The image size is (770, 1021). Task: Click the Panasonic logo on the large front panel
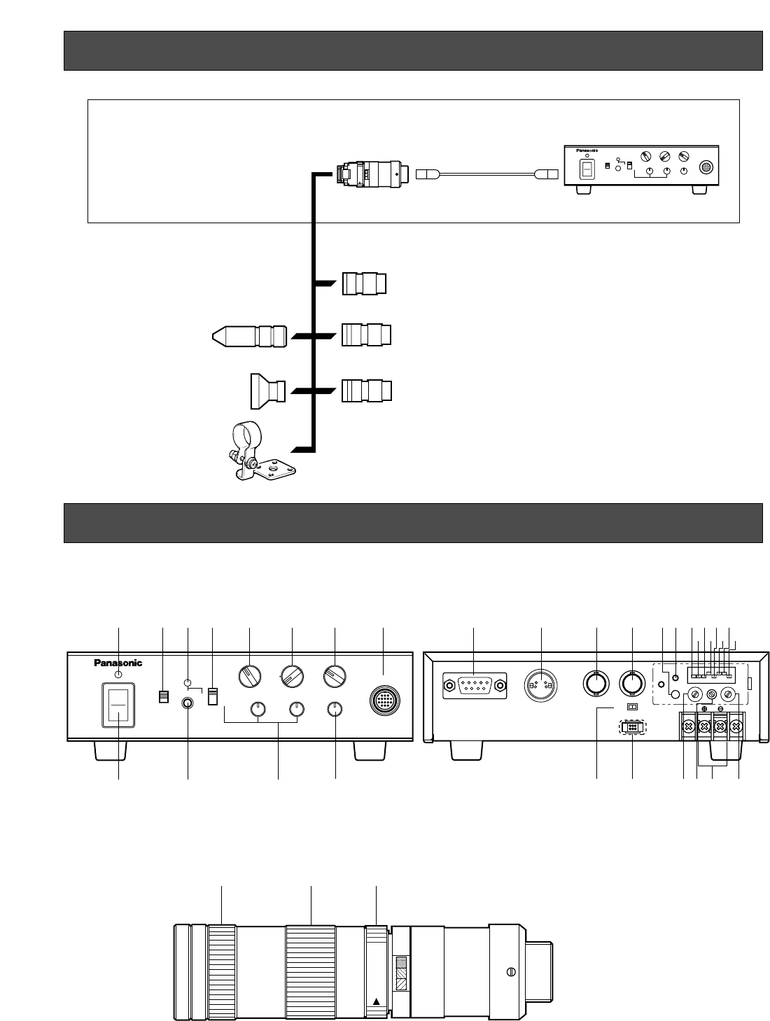(118, 663)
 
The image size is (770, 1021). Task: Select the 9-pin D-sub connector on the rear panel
(474, 686)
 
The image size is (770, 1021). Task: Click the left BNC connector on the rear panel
(596, 684)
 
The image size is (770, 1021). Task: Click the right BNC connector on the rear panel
(632, 684)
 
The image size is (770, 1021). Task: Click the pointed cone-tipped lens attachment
(250, 337)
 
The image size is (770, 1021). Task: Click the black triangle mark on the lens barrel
(377, 1001)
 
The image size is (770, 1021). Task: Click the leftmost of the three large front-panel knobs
(250, 677)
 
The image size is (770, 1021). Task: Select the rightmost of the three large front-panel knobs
(335, 677)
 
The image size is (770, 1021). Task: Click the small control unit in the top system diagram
(642, 170)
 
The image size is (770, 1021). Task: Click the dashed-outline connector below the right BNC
(632, 728)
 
